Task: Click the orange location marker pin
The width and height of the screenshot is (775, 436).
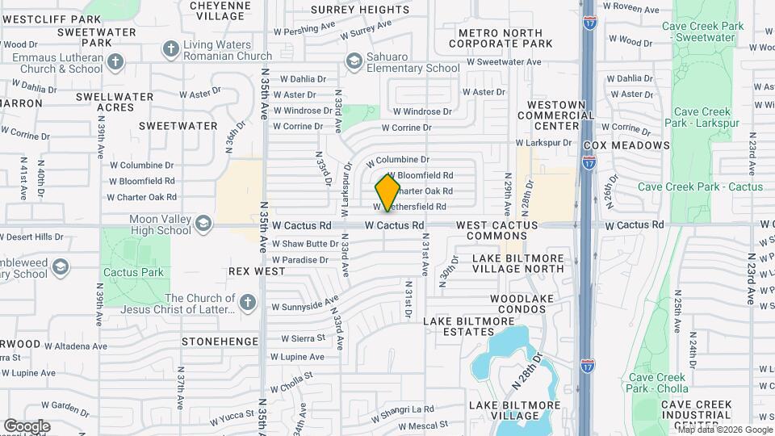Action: pyautogui.click(x=387, y=192)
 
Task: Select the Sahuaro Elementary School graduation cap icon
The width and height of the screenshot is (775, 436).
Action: pyautogui.click(x=353, y=61)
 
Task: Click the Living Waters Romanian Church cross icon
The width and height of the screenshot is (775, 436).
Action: pyautogui.click(x=170, y=49)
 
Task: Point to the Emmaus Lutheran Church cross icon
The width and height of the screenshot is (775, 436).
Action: pyautogui.click(x=115, y=62)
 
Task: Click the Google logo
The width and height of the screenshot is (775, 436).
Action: pyautogui.click(x=27, y=426)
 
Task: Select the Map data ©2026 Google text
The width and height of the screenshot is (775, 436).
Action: pyautogui.click(x=723, y=429)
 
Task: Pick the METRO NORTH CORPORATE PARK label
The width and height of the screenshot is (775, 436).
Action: pyautogui.click(x=500, y=38)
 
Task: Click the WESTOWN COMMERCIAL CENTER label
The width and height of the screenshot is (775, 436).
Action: pyautogui.click(x=561, y=115)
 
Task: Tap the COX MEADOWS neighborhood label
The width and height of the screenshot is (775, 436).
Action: pyautogui.click(x=626, y=145)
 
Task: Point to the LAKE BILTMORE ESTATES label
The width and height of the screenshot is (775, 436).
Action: pyautogui.click(x=470, y=326)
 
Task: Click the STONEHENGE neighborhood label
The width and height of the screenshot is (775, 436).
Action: pyautogui.click(x=220, y=342)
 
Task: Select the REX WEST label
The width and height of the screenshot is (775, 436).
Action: pyautogui.click(x=256, y=272)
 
